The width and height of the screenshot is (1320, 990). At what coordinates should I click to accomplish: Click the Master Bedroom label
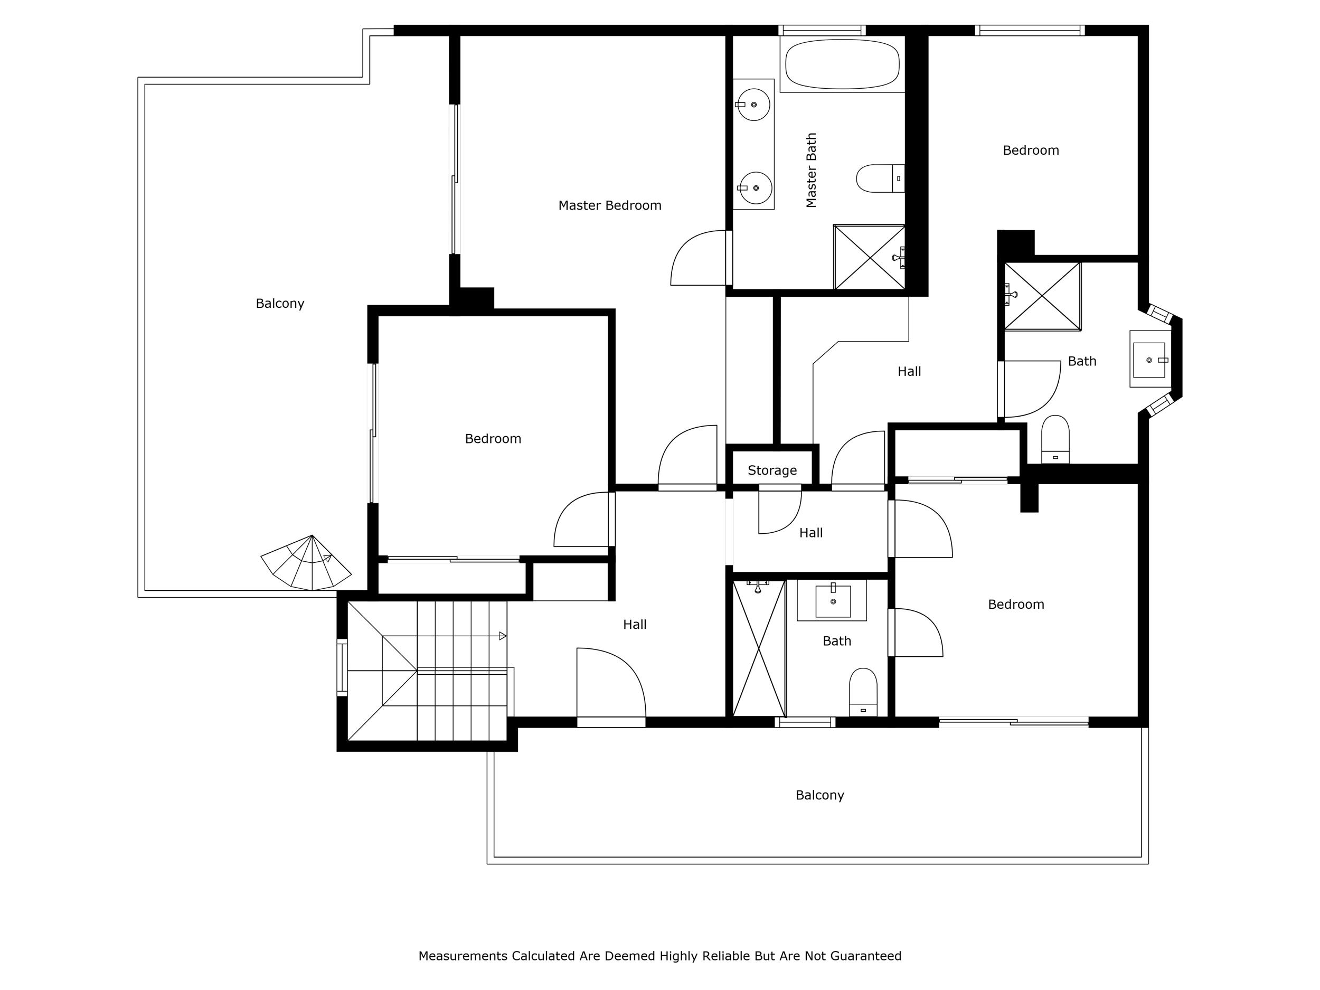[x=609, y=206]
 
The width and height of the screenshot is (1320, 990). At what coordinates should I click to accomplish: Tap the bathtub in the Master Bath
[x=842, y=64]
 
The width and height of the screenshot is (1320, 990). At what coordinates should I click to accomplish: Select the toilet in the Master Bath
[x=880, y=178]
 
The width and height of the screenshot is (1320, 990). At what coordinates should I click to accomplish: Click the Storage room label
[x=772, y=471]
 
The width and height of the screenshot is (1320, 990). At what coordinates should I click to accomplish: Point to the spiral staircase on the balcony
[x=306, y=563]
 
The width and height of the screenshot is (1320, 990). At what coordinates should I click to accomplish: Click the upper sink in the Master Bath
[x=753, y=105]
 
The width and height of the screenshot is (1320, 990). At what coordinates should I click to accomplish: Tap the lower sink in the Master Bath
[x=755, y=188]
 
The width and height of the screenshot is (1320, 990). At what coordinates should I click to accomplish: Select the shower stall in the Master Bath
[x=869, y=257]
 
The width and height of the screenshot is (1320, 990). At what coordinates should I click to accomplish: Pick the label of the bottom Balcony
[x=820, y=796]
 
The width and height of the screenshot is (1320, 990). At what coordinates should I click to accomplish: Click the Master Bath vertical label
[x=811, y=170]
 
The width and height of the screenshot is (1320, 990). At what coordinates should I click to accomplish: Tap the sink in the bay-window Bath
[x=1149, y=360]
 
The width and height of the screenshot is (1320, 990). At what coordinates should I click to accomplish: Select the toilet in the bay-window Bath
[x=1055, y=439]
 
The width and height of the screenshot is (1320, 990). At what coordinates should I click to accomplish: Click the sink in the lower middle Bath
[x=833, y=600]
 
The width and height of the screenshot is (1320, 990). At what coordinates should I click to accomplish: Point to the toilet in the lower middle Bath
[x=863, y=692]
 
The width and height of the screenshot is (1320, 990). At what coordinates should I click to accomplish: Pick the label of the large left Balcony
[x=280, y=304]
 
